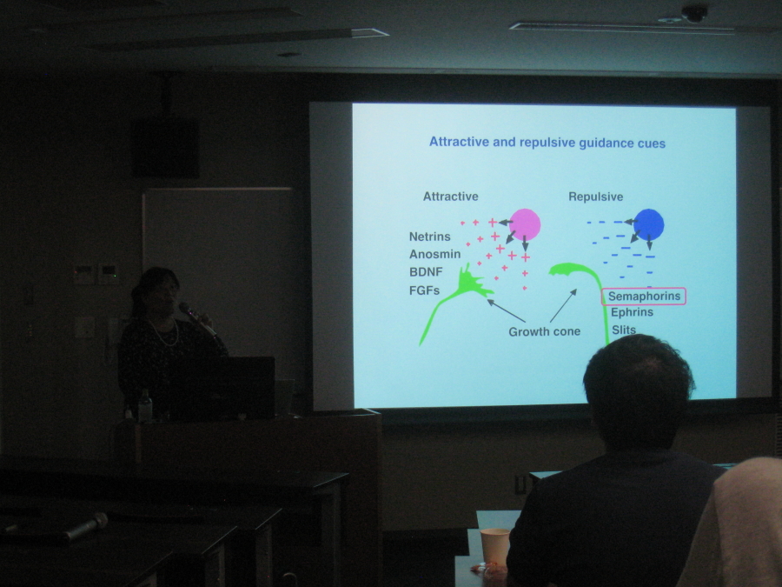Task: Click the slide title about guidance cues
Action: pos(547,143)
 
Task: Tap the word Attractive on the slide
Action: pos(450,197)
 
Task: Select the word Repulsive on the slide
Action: pos(595,197)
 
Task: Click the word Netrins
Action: pos(429,237)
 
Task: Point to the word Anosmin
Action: pos(435,254)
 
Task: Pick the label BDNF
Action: pos(426,272)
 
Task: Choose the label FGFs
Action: pos(424,290)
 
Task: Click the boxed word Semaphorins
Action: pos(644,297)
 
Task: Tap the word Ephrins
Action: pos(632,312)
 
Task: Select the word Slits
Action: pos(624,330)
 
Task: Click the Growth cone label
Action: pos(544,331)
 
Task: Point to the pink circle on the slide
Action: pos(525,224)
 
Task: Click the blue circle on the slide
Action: pos(648,224)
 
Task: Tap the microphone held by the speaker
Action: pos(196,318)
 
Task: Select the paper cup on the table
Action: pos(494,547)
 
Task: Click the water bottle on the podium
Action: pos(145,406)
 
